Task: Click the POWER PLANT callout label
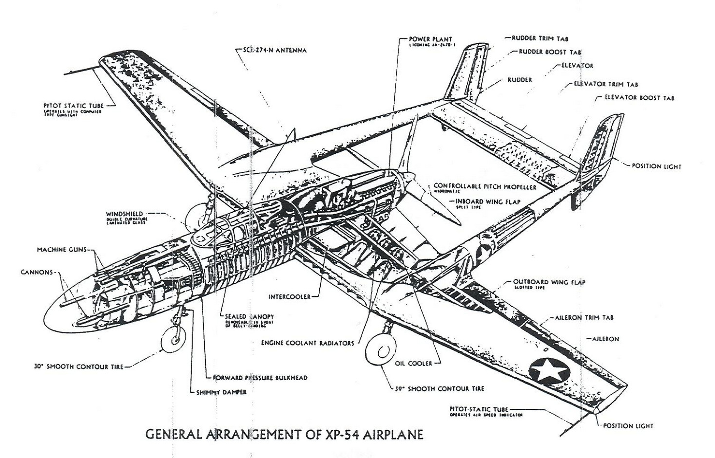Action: point(430,39)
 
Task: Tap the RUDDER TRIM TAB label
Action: point(540,38)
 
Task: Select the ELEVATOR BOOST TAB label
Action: point(639,98)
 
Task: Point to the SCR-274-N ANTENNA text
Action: point(275,50)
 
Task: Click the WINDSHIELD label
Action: point(125,214)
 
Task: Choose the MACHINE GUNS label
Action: point(62,250)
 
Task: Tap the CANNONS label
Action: point(37,272)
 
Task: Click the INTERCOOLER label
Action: point(290,296)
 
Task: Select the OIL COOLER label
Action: point(413,363)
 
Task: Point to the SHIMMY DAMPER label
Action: point(222,392)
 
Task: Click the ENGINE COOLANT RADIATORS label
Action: point(308,343)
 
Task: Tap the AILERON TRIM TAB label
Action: point(584,317)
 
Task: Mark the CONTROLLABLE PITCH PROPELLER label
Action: point(485,186)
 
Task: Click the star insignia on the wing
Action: point(549,370)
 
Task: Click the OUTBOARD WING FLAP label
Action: point(549,282)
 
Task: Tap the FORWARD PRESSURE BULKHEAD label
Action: point(261,377)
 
